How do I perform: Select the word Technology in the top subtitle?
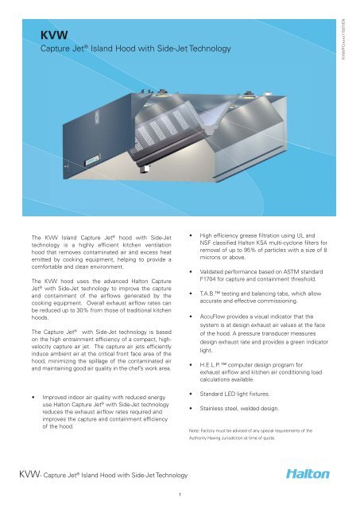click(x=206, y=49)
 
